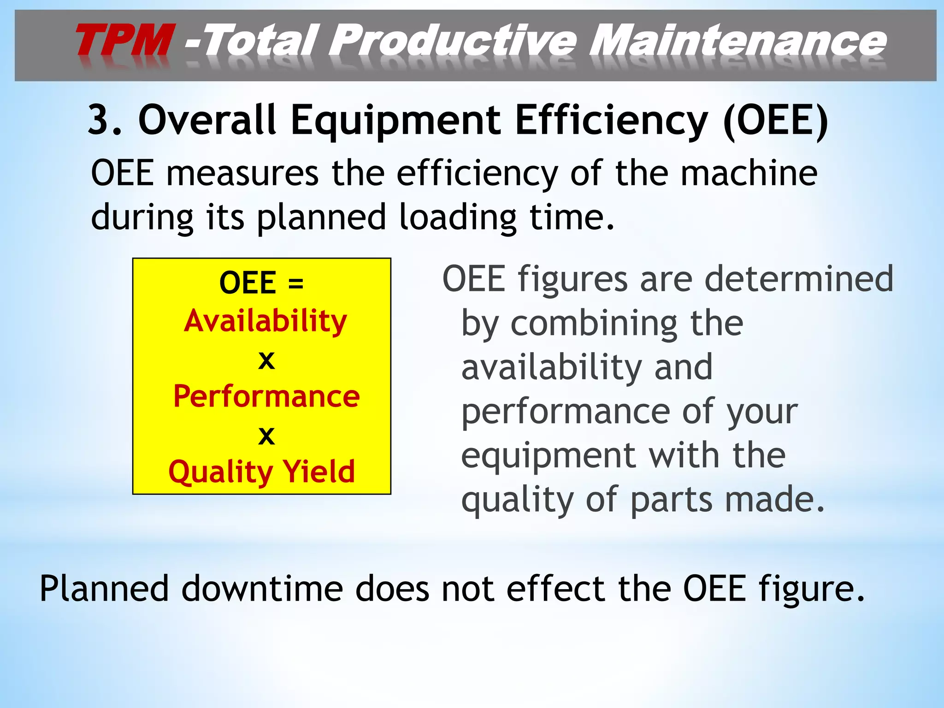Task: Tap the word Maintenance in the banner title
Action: (737, 41)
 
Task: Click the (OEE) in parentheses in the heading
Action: (776, 120)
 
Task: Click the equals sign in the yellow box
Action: (295, 283)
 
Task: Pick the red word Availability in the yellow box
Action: (265, 321)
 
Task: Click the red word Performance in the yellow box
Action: (266, 396)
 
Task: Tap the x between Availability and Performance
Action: (266, 360)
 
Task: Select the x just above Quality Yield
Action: (266, 436)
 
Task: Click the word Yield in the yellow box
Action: (319, 472)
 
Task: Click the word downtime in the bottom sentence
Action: (262, 589)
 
